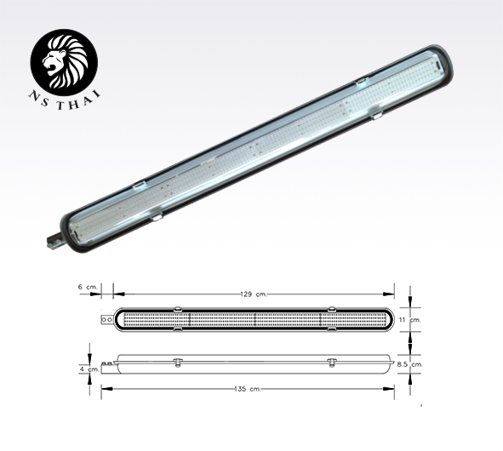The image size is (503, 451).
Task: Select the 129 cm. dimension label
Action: click(x=254, y=294)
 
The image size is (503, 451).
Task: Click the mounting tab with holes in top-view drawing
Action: click(x=106, y=320)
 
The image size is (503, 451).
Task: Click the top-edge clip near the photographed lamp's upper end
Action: click(x=361, y=83)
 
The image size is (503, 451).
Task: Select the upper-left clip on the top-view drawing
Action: click(x=177, y=309)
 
